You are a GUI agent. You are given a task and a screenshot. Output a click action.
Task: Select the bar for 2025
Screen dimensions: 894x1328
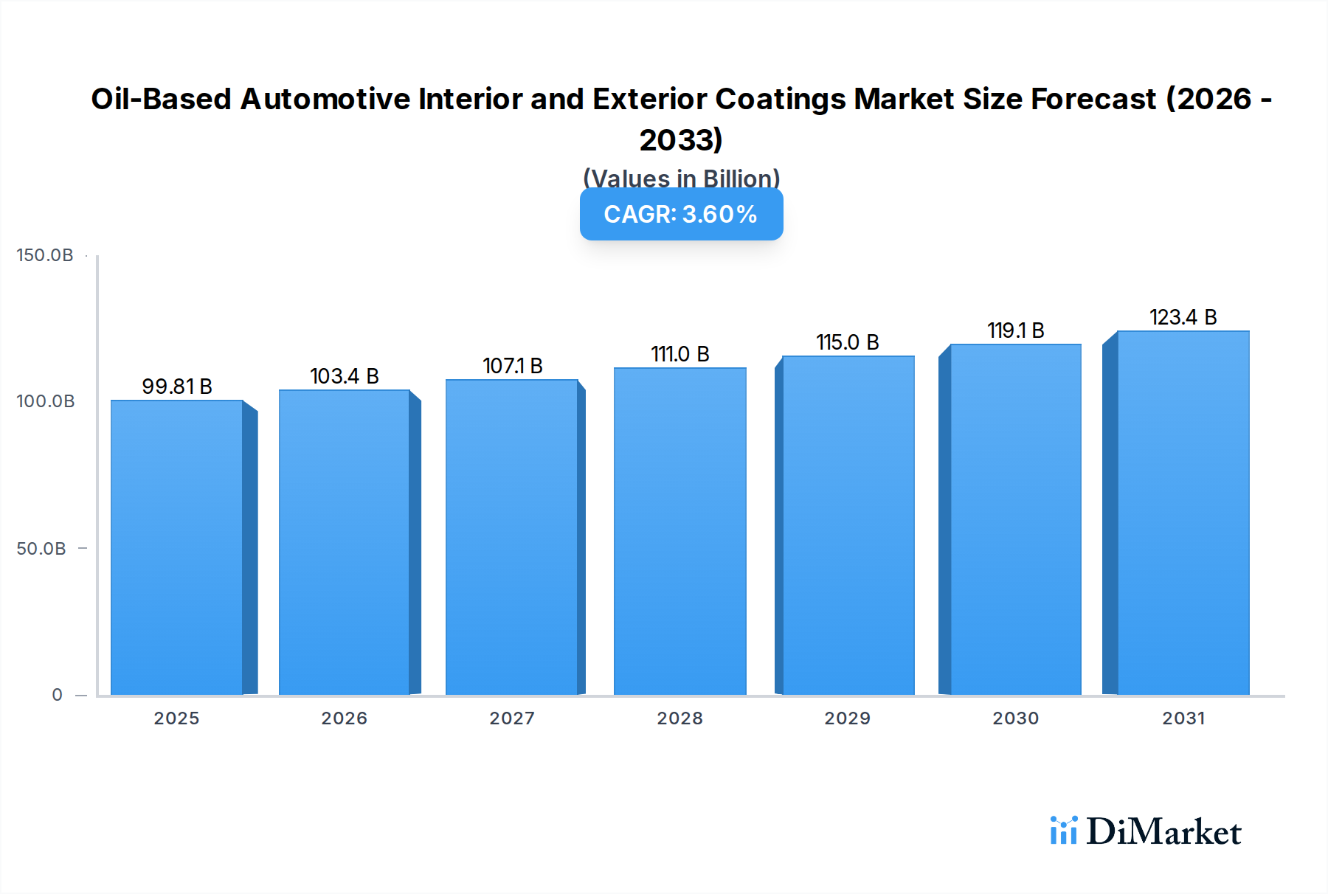point(177,547)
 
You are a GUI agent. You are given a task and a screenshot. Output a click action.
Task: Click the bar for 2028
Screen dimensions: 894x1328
point(679,531)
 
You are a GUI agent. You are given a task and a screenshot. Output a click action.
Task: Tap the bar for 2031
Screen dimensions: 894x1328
point(1183,513)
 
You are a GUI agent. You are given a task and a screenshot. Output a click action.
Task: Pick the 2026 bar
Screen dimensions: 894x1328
point(344,542)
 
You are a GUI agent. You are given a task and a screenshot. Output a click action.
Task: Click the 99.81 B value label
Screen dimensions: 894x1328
point(177,387)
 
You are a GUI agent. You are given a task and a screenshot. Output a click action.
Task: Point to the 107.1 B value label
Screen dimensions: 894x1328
point(512,366)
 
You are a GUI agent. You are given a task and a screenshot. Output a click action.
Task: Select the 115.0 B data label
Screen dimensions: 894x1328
point(847,342)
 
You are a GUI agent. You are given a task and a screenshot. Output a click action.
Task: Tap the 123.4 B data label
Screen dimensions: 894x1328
point(1183,317)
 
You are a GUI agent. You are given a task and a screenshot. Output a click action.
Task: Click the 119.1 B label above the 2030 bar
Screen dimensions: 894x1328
point(1015,330)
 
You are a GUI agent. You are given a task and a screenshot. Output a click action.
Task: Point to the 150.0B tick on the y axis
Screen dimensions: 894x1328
point(45,255)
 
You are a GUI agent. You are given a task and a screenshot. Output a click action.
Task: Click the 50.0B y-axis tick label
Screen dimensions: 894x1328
point(41,549)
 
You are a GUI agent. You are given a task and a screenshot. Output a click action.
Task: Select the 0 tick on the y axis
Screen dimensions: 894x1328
point(57,695)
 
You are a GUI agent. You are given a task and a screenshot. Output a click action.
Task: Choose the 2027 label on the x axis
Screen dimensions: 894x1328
point(512,718)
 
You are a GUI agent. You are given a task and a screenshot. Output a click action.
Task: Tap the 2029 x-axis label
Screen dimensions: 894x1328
point(847,718)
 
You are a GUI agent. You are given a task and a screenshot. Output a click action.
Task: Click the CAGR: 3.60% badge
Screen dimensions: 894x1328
point(681,214)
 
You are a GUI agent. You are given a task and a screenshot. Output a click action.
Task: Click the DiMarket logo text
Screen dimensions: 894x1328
point(1163,832)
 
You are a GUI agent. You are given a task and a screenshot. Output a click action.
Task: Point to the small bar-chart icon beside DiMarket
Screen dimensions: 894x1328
point(1063,831)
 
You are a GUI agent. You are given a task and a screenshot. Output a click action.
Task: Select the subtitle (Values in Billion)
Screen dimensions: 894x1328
point(681,179)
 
